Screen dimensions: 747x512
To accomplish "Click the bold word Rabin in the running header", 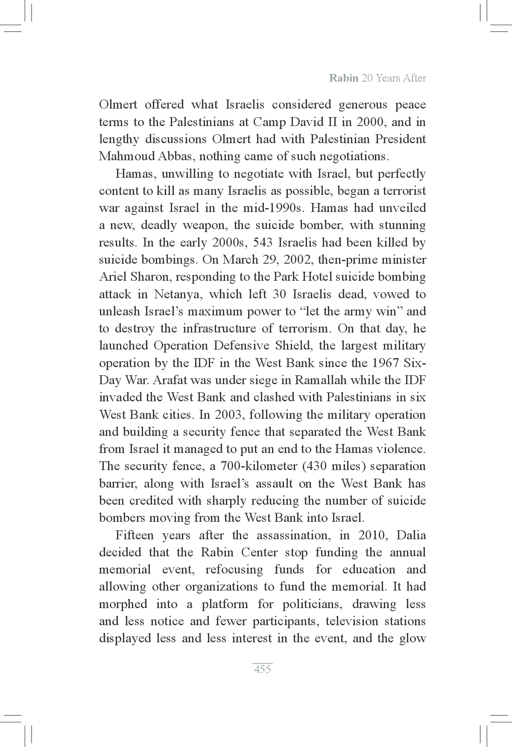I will tap(344, 78).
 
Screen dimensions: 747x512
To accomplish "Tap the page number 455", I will tap(262, 669).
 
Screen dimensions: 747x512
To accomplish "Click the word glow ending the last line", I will tap(413, 638).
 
